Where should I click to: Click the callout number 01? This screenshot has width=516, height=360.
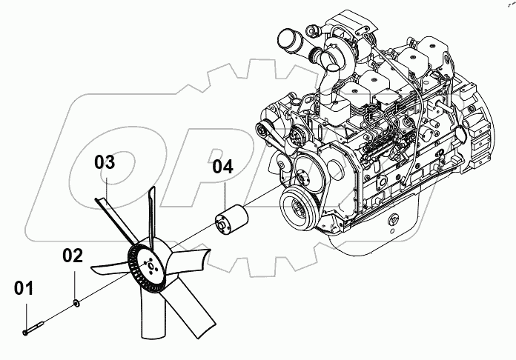[x=24, y=289]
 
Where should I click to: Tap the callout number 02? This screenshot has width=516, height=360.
[x=72, y=257]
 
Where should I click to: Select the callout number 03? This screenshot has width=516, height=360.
[x=105, y=162]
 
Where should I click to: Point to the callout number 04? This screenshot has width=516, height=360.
[x=222, y=167]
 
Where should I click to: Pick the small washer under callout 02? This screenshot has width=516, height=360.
[x=76, y=302]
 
